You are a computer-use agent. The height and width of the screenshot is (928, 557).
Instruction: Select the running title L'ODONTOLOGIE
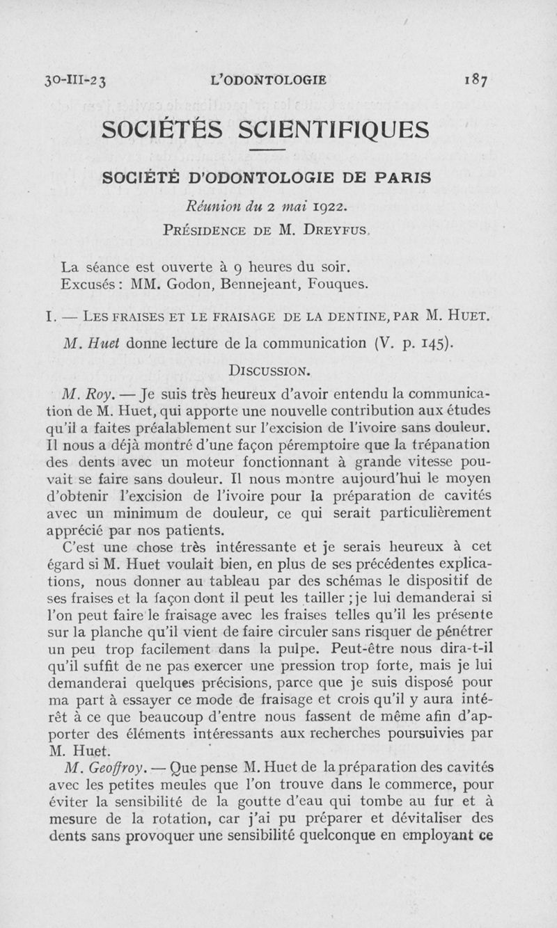(268, 80)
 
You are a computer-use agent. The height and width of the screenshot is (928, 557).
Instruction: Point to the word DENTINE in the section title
(354, 317)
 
